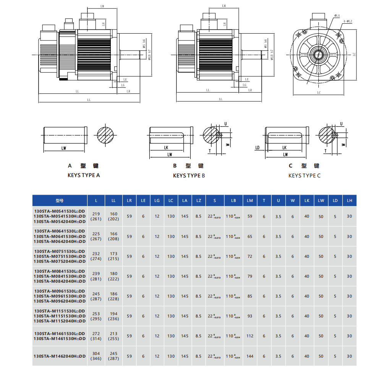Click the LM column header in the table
click(x=250, y=200)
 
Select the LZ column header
click(x=198, y=200)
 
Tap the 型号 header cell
click(x=60, y=200)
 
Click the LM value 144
click(x=250, y=356)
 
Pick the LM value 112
click(x=250, y=336)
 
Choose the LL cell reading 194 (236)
click(x=114, y=316)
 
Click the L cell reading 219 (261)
click(x=96, y=216)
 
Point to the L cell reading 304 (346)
click(x=96, y=356)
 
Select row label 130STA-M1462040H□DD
click(x=60, y=356)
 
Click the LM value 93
click(x=250, y=316)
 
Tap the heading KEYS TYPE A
click(x=84, y=175)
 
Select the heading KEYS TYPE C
click(x=305, y=176)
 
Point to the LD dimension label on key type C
click(x=258, y=147)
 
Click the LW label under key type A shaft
click(x=64, y=148)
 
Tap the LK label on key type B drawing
click(x=166, y=147)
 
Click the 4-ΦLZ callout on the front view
click(x=347, y=21)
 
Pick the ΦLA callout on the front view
click(x=336, y=16)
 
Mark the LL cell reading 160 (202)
click(x=114, y=216)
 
